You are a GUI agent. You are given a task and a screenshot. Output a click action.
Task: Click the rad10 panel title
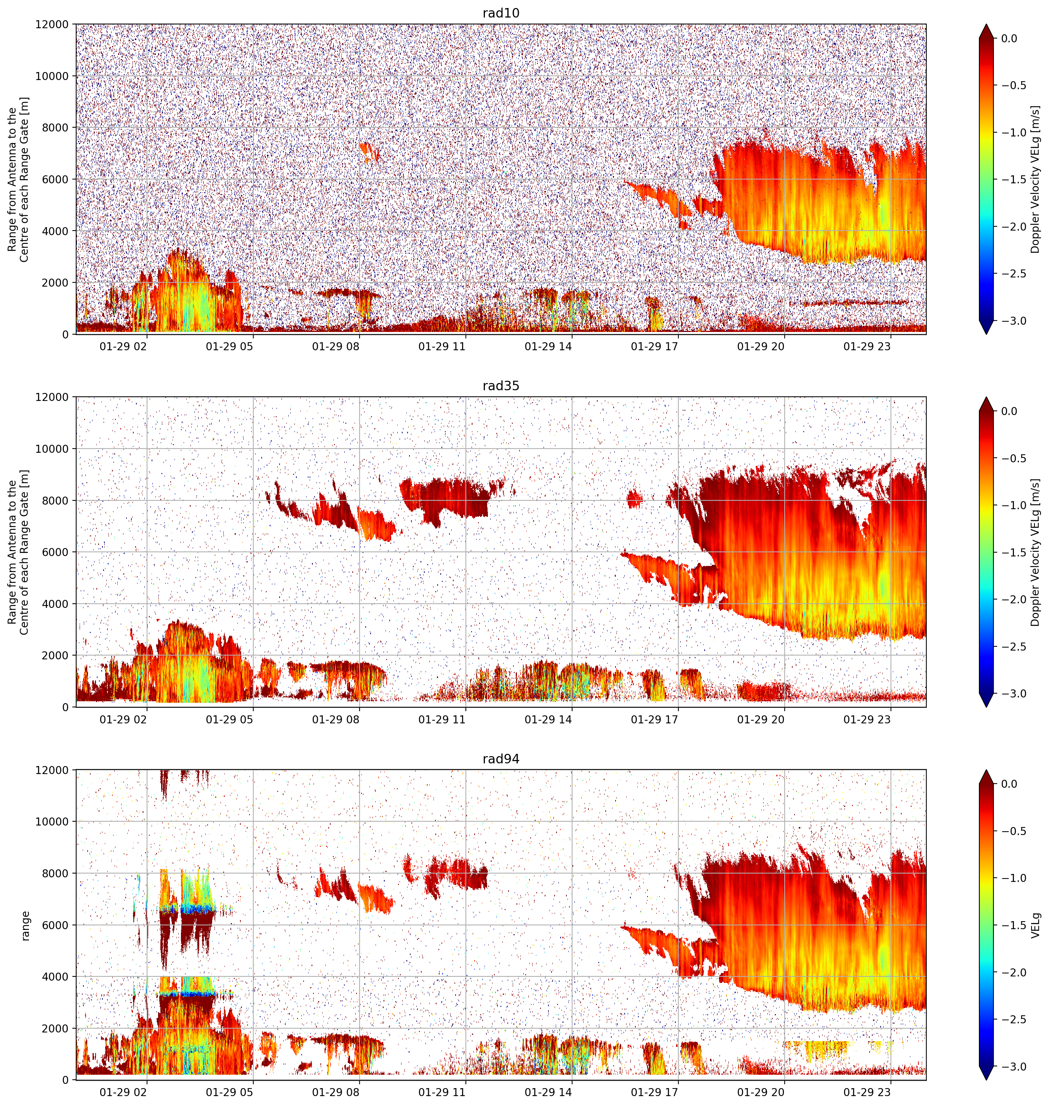pos(501,13)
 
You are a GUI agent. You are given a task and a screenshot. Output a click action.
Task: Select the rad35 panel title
pos(501,385)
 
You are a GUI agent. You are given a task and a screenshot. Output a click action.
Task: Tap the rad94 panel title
pos(501,758)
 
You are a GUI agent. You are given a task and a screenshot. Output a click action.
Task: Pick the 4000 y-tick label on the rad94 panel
pos(56,977)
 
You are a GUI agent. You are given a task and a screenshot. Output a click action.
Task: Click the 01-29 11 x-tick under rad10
pos(442,347)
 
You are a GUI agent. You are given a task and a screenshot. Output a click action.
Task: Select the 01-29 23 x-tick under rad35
pos(867,720)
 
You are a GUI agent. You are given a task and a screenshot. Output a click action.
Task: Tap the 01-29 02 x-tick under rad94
pos(123,1093)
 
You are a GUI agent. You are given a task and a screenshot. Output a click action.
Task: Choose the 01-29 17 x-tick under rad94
pos(654,1093)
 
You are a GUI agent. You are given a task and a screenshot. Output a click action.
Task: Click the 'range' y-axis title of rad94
pos(25,925)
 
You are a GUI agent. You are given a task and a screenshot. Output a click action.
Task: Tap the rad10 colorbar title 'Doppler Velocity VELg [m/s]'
pos(1035,180)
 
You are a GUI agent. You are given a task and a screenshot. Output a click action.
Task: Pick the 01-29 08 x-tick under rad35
pos(336,720)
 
